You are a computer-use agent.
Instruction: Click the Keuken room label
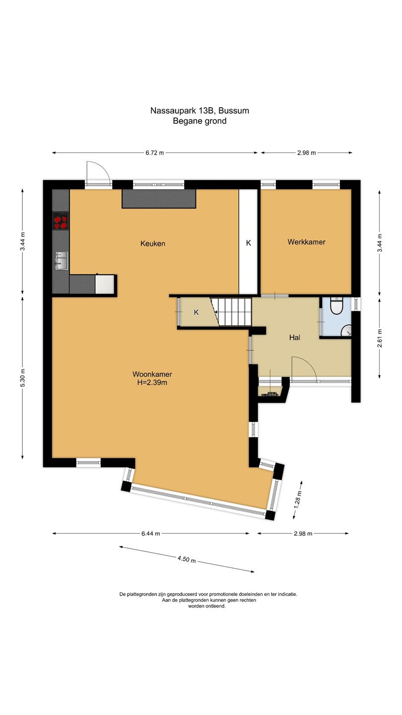click(153, 243)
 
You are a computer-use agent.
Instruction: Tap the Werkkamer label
click(306, 242)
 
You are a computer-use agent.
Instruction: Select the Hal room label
click(294, 338)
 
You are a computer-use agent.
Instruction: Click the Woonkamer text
click(152, 374)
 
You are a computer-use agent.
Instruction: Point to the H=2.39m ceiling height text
click(152, 382)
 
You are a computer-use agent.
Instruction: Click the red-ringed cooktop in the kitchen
click(61, 221)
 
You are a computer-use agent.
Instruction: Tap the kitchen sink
click(62, 261)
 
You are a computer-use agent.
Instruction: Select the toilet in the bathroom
click(336, 306)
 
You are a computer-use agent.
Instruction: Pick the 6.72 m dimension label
click(155, 153)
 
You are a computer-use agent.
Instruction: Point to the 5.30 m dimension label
click(23, 377)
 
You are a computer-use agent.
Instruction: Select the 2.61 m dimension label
click(380, 338)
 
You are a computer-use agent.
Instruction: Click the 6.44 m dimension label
click(150, 533)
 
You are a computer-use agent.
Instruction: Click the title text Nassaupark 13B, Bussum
click(200, 111)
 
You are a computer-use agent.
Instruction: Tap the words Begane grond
click(200, 121)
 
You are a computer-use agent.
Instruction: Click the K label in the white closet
click(248, 243)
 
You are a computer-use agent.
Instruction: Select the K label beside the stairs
click(196, 312)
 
